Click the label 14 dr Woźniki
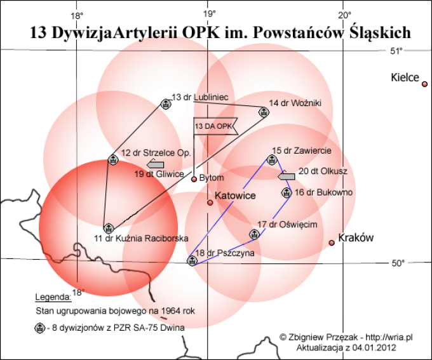(295, 103)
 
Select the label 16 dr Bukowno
(324, 192)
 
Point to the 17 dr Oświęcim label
(287, 225)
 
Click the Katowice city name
(235, 196)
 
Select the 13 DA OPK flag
(215, 126)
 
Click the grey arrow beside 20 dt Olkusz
(287, 177)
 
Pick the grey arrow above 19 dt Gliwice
(146, 164)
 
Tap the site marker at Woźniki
(263, 112)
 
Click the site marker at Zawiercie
(272, 159)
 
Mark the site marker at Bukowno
(287, 192)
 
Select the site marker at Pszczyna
(191, 260)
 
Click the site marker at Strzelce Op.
(113, 159)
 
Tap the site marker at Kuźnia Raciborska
(109, 228)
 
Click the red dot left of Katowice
(210, 203)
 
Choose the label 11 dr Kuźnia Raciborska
(141, 238)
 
